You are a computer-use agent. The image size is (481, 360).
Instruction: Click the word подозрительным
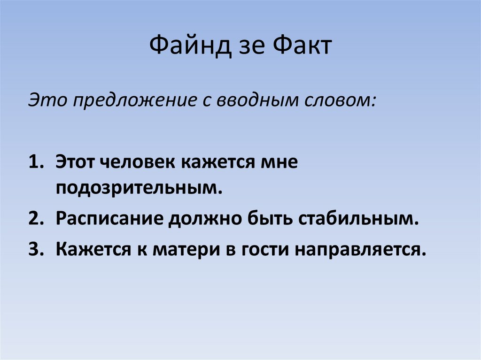pyautogui.click(x=139, y=189)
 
